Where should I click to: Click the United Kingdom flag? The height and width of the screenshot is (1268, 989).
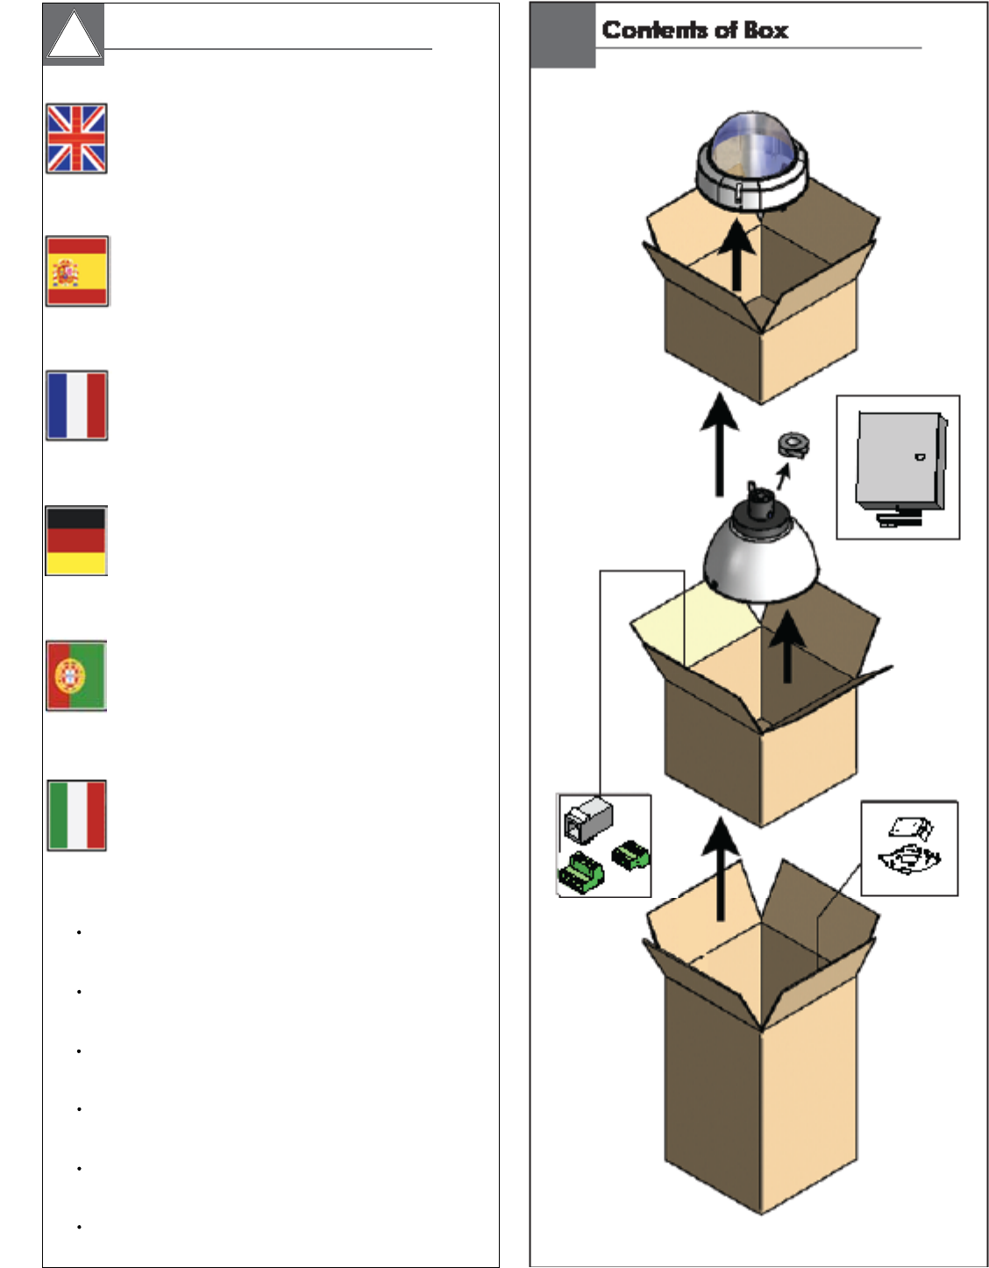tap(76, 139)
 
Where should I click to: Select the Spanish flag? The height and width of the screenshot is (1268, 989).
tap(77, 271)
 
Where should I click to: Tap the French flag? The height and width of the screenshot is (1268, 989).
tap(77, 405)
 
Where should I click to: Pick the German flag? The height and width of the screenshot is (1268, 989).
tap(76, 540)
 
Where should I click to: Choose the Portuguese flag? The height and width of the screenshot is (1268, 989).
tap(76, 675)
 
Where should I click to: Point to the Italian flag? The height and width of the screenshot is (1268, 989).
tap(76, 816)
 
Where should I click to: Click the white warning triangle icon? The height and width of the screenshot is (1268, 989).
tap(74, 37)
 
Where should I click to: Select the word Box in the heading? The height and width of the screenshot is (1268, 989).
tap(766, 30)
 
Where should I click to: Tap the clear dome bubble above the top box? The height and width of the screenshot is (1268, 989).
tap(751, 145)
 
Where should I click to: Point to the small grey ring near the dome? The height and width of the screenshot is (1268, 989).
tap(793, 445)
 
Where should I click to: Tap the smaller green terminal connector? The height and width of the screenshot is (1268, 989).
tap(630, 854)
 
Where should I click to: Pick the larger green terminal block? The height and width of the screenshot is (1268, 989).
tap(581, 873)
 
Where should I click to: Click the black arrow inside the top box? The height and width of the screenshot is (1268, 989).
tap(737, 255)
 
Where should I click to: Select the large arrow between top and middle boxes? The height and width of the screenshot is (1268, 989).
tap(720, 444)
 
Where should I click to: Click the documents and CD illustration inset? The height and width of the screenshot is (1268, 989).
tap(909, 848)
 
